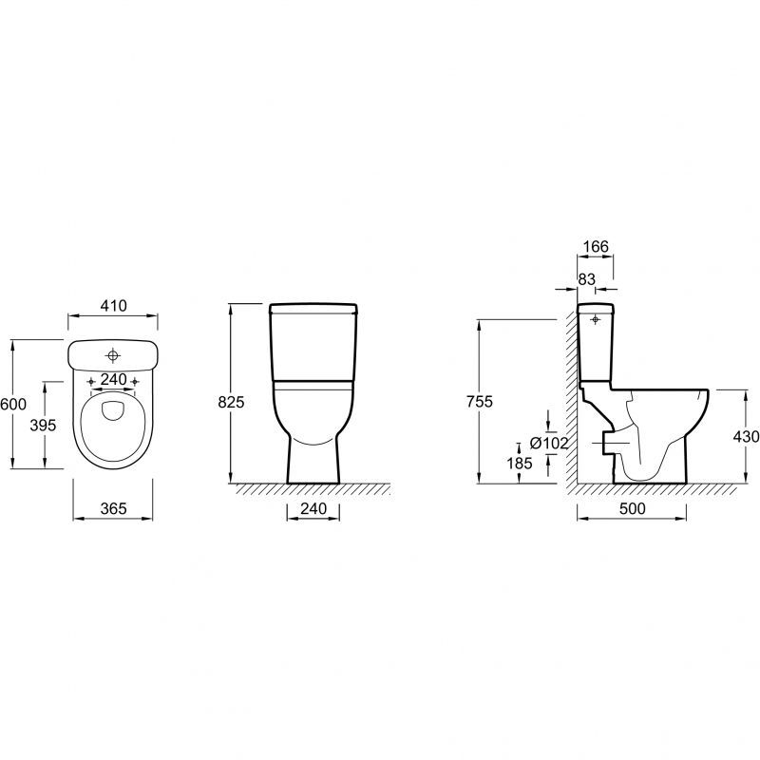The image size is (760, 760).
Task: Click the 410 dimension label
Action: pos(113,306)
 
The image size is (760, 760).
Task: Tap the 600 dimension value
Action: pos(13,404)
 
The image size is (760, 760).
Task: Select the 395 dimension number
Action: pos(43,425)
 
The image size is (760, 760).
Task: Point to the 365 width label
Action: pos(113,508)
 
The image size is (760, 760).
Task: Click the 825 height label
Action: pos(231,402)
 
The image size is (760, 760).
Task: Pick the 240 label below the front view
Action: pos(313,508)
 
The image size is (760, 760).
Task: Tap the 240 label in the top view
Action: pos(113,379)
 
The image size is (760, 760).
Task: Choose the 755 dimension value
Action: pos(480,401)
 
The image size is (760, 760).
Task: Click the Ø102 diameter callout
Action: pos(549,443)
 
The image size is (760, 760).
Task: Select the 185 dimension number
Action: pos(520,464)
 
